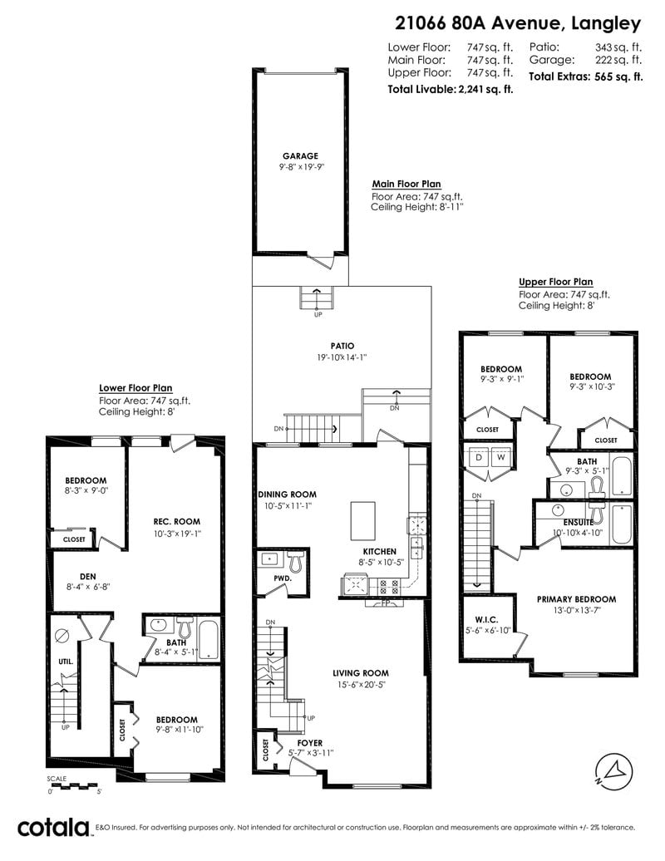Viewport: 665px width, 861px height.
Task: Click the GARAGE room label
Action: pyautogui.click(x=300, y=156)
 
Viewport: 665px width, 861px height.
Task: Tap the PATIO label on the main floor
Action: pyautogui.click(x=342, y=346)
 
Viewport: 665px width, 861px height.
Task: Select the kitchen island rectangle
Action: pyautogui.click(x=363, y=520)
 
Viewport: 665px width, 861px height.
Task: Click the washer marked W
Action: pyautogui.click(x=500, y=457)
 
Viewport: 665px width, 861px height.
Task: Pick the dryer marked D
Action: pyautogui.click(x=479, y=457)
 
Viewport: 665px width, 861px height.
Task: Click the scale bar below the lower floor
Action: pyautogui.click(x=72, y=785)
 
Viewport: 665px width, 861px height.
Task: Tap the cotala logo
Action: pyautogui.click(x=53, y=828)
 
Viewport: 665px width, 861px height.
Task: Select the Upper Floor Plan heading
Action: pyautogui.click(x=556, y=282)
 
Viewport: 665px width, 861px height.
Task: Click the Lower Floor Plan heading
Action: pyautogui.click(x=135, y=387)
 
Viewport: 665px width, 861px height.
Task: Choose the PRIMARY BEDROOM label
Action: pyautogui.click(x=577, y=599)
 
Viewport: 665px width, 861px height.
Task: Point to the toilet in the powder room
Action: pyautogui.click(x=295, y=561)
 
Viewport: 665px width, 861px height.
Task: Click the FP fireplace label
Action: pyautogui.click(x=385, y=603)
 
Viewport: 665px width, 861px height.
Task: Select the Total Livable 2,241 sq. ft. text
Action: pyautogui.click(x=451, y=89)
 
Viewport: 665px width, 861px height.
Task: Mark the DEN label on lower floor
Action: pyautogui.click(x=88, y=577)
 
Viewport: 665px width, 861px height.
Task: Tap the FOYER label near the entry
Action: pyautogui.click(x=310, y=743)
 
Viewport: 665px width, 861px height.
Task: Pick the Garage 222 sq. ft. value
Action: pyautogui.click(x=618, y=60)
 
